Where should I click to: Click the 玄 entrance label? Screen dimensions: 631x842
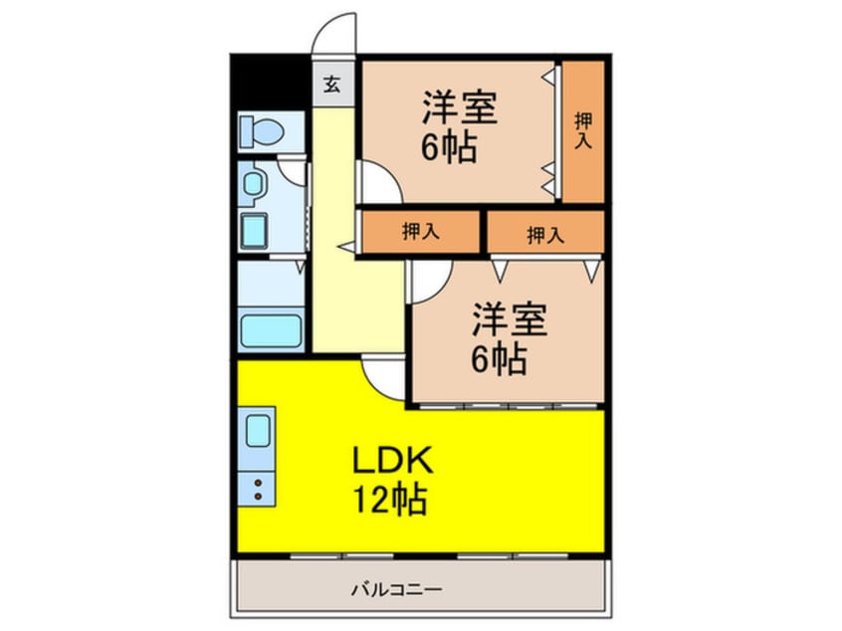331,85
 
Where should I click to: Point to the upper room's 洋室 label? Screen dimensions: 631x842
459,105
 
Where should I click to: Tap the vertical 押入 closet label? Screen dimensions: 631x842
582,130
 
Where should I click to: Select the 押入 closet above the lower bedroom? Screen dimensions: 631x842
544,235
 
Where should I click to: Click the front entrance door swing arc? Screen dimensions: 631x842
334,35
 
